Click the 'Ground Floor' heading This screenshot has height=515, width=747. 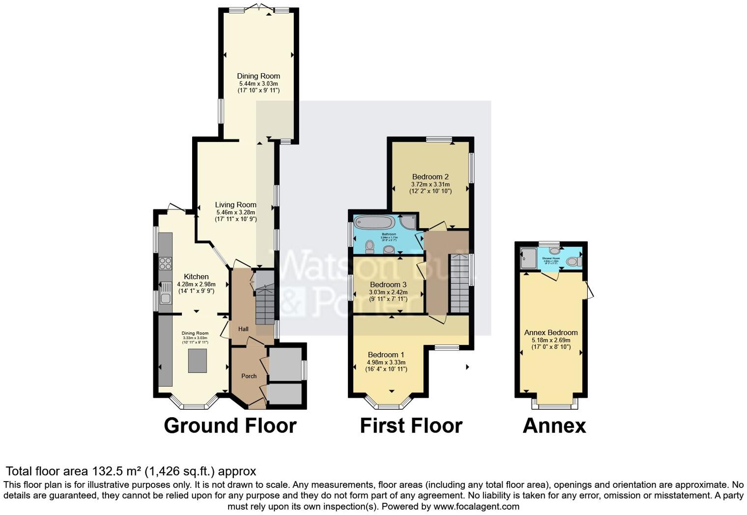(x=230, y=426)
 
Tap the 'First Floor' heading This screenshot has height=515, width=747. (x=411, y=426)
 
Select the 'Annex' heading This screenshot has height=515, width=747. (x=554, y=426)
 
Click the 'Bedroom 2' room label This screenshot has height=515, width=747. (x=430, y=177)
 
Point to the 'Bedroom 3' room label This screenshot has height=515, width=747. (x=388, y=285)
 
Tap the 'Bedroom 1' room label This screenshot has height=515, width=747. (x=386, y=355)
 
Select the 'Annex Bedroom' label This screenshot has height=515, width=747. (x=550, y=333)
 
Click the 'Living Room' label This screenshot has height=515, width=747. (x=235, y=205)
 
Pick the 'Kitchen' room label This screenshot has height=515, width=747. (x=196, y=277)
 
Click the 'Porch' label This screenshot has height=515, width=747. (x=249, y=376)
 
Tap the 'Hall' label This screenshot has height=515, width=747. (x=243, y=329)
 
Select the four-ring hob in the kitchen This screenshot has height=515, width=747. (x=166, y=263)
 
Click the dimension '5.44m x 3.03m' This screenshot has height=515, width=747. (x=258, y=84)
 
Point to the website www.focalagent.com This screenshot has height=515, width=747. (x=476, y=506)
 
